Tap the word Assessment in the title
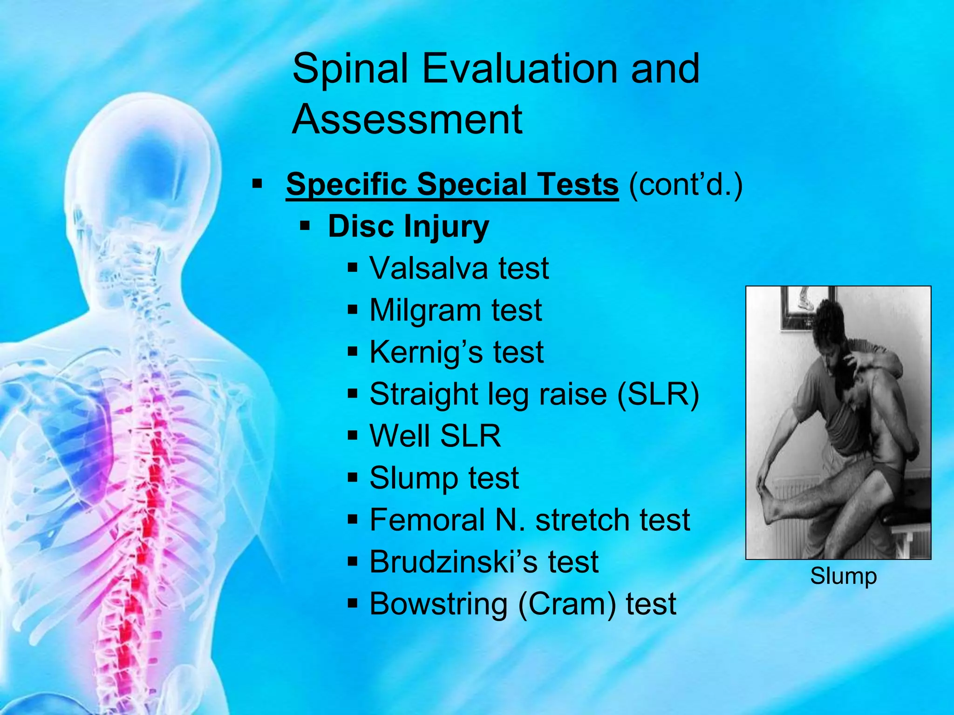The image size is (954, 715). pyautogui.click(x=407, y=120)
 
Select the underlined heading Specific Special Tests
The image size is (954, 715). pyautogui.click(x=452, y=184)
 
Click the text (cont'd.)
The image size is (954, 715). pyautogui.click(x=685, y=184)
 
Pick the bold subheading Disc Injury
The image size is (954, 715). pyautogui.click(x=408, y=227)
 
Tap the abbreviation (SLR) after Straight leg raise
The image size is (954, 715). pyautogui.click(x=658, y=395)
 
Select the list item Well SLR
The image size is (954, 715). pyautogui.click(x=435, y=436)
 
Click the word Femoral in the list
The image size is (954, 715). pyautogui.click(x=427, y=520)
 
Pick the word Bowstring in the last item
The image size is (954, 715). pyautogui.click(x=438, y=604)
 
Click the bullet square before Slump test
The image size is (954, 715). pyautogui.click(x=353, y=478)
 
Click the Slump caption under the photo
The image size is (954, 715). pyautogui.click(x=843, y=576)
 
